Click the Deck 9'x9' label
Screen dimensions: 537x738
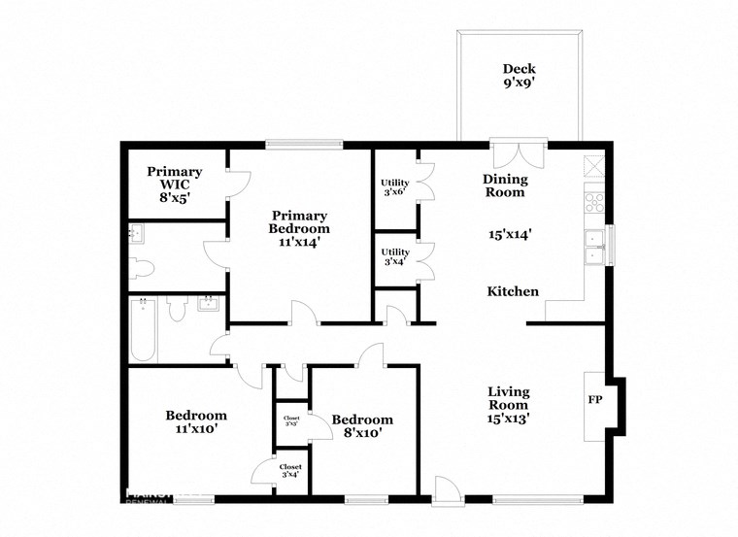pyautogui.click(x=519, y=76)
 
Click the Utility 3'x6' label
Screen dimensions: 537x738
pyautogui.click(x=394, y=186)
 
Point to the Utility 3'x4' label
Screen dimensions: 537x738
pyautogui.click(x=394, y=257)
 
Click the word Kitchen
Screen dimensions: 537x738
pyautogui.click(x=512, y=291)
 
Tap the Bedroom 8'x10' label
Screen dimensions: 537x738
pyautogui.click(x=362, y=426)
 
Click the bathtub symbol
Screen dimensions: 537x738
pyautogui.click(x=144, y=330)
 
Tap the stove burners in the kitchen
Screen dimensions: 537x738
pyautogui.click(x=593, y=202)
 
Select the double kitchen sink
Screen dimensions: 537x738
pyautogui.click(x=593, y=248)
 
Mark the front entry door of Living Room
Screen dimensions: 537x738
pyautogui.click(x=446, y=491)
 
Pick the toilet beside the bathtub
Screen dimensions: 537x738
pyautogui.click(x=177, y=310)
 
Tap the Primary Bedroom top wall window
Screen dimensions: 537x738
pyautogui.click(x=303, y=146)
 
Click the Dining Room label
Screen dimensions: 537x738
pyautogui.click(x=506, y=185)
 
